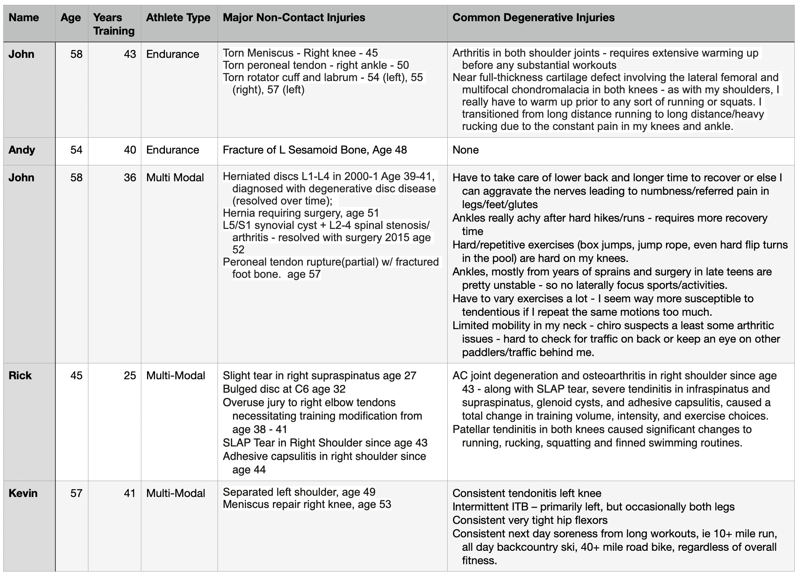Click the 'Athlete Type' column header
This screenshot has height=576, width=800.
tap(178, 18)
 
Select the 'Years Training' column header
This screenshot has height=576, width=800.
tap(114, 24)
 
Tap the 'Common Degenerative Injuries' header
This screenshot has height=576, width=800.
tap(533, 18)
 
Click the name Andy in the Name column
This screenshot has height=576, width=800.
tap(22, 150)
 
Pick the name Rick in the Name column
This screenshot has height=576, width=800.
tap(20, 376)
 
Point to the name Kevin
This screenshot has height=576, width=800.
tap(23, 493)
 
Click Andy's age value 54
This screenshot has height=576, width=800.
tap(76, 150)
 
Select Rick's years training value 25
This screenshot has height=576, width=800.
tap(130, 376)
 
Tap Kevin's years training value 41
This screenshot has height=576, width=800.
tap(130, 493)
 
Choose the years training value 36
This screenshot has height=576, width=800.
tap(130, 178)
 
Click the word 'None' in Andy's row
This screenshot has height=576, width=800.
tap(466, 150)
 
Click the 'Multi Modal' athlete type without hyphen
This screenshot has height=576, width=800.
tap(175, 178)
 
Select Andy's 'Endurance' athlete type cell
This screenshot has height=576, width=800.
tap(173, 150)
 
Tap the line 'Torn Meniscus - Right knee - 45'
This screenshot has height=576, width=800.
tap(300, 53)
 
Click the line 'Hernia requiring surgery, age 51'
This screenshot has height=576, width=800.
tap(301, 213)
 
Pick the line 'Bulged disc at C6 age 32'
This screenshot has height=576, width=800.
tap(284, 389)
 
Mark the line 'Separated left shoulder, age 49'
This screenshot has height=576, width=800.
tap(299, 492)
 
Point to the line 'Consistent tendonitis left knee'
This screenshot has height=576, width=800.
tap(527, 493)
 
